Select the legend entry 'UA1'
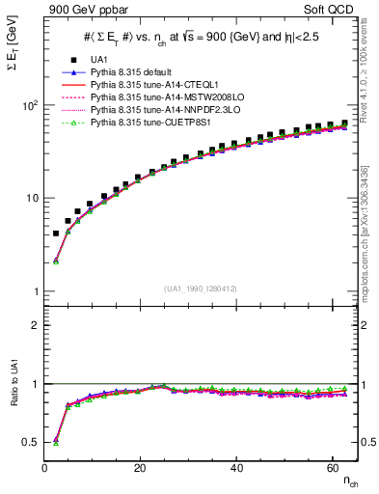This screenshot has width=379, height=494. (98, 60)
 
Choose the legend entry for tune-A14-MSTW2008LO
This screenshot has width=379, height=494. (155, 97)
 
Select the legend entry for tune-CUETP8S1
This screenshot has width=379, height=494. (145, 123)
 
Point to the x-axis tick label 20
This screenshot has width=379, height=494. (141, 468)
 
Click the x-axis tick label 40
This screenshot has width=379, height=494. (236, 468)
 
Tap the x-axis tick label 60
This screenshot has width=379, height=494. (332, 468)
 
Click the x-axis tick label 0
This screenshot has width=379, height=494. (45, 468)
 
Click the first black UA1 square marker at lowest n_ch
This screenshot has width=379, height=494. (56, 233)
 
